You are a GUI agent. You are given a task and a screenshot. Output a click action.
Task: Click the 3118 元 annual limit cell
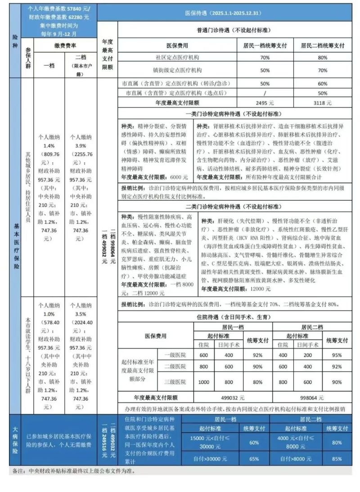pyautogui.click(x=322, y=103)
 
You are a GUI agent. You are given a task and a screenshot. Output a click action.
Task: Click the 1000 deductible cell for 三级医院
pyautogui.click(x=203, y=382)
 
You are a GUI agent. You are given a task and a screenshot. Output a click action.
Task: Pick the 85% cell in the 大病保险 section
pyautogui.click(x=337, y=459)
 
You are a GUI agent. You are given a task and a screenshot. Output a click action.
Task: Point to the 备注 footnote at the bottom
pyautogui.click(x=72, y=471)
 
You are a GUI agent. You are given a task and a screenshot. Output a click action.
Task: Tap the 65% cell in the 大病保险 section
pyautogui.click(x=255, y=459)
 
